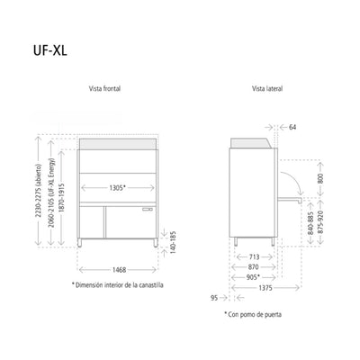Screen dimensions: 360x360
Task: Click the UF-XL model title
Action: click(x=49, y=51)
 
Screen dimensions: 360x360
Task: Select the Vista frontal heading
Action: click(x=104, y=89)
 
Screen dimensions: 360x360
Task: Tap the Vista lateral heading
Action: click(x=267, y=89)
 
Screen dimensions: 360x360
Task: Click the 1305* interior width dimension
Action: click(x=117, y=188)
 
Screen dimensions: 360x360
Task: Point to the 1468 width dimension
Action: click(x=119, y=270)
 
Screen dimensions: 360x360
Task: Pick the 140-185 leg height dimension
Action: click(x=173, y=242)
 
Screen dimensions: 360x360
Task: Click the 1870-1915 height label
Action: click(x=61, y=198)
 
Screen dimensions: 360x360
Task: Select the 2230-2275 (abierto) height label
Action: click(x=38, y=190)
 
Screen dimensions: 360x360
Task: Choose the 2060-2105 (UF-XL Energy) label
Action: click(x=51, y=193)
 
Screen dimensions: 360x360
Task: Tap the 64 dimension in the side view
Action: click(x=292, y=127)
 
